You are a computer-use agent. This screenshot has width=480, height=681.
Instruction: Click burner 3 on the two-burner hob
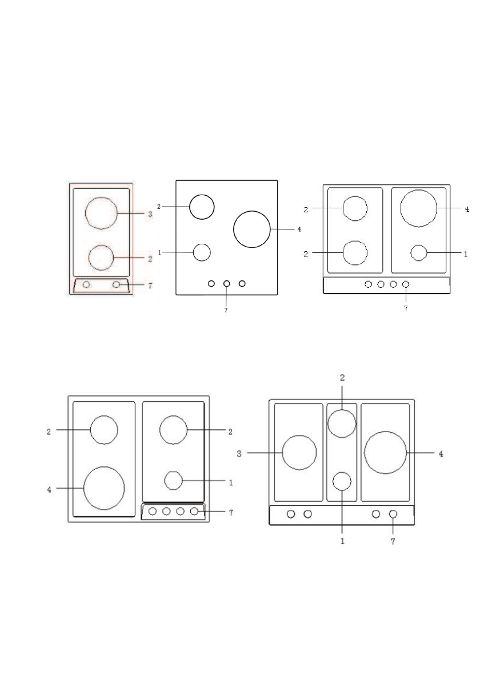tap(85, 213)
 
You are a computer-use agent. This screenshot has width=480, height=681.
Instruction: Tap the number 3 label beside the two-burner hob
tap(150, 214)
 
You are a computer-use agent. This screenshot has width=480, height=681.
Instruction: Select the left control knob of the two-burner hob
tap(86, 284)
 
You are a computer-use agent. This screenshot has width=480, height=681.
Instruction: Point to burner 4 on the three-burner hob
tap(234, 229)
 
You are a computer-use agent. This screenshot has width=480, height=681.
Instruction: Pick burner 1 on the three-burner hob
tap(193, 252)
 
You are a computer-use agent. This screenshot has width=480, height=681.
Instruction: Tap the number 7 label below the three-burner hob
tap(226, 311)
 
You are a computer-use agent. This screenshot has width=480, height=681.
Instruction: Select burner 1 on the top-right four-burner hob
tap(411, 252)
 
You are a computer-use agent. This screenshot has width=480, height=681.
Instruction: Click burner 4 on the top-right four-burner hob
tap(400, 208)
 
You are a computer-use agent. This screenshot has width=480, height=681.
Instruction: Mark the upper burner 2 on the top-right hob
tap(343, 208)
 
